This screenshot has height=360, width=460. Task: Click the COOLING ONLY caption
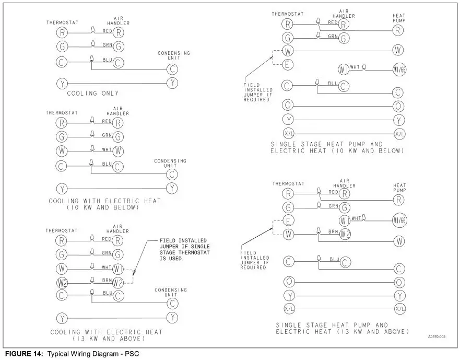click(92, 94)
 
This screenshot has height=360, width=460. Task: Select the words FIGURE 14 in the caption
click(25, 354)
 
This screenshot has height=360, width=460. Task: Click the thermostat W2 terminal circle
click(62, 283)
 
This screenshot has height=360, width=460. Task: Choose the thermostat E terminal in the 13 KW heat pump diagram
click(288, 220)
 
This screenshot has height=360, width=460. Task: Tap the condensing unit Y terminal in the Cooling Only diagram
click(173, 83)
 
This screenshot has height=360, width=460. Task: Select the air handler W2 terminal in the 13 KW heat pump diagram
click(345, 234)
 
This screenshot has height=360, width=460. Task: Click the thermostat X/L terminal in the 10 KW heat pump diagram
click(288, 133)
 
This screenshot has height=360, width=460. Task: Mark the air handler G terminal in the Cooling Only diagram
click(119, 47)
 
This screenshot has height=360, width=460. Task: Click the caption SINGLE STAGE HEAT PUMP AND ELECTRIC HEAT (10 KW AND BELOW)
click(337, 147)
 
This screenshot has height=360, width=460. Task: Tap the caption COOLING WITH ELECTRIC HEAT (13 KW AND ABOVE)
click(107, 335)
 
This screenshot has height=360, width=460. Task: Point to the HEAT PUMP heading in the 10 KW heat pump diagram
click(399, 18)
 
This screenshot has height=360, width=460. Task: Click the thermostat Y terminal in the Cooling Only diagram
click(62, 83)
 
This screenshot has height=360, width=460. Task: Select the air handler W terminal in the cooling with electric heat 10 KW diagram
click(119, 151)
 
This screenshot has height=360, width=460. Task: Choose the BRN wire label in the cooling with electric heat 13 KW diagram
click(108, 281)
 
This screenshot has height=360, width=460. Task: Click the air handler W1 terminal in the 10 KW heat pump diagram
click(343, 69)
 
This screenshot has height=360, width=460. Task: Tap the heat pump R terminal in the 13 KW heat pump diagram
click(399, 200)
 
